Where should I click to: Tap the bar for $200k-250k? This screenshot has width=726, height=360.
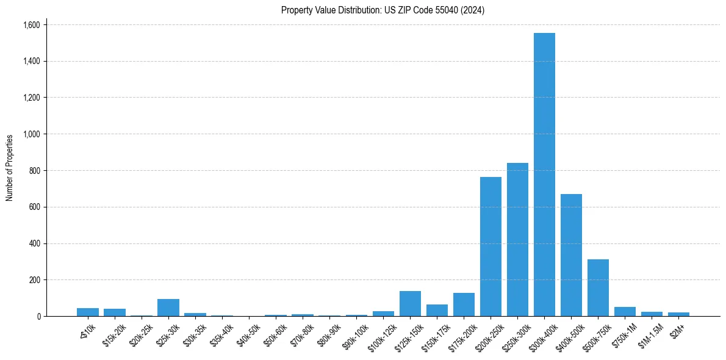(x=491, y=247)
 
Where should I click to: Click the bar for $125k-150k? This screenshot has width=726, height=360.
(x=410, y=304)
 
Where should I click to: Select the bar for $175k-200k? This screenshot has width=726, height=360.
(x=464, y=304)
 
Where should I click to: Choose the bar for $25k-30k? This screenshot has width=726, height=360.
(x=168, y=308)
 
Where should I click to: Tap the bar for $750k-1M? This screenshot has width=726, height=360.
(x=625, y=311)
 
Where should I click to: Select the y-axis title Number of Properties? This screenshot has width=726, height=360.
(x=9, y=168)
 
